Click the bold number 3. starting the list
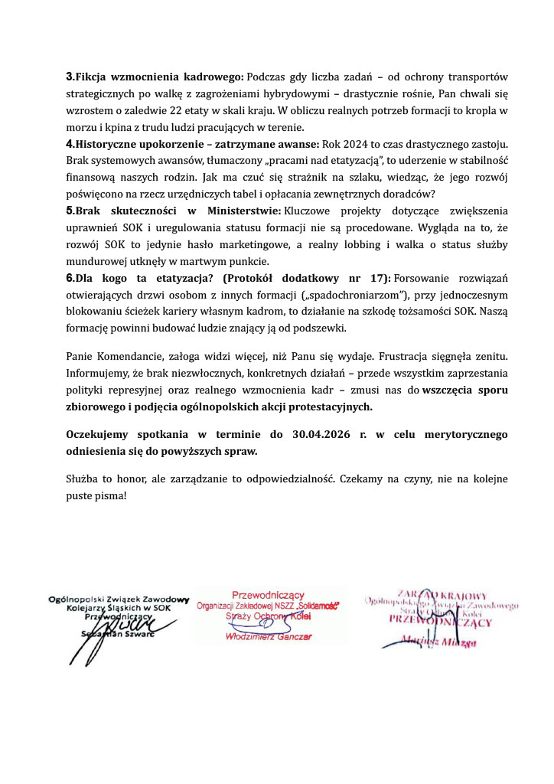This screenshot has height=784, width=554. tap(70, 77)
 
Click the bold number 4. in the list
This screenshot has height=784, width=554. tap(70, 144)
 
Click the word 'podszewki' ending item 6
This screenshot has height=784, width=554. tap(322, 328)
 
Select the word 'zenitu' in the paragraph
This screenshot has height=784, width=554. tap(489, 357)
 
